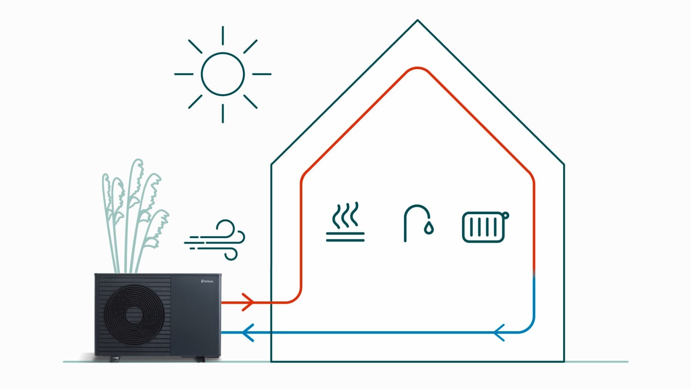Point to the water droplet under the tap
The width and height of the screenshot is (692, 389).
coord(429,228)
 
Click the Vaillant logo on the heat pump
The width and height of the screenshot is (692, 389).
coord(207,281)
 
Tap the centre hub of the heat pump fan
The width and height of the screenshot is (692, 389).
coord(134,314)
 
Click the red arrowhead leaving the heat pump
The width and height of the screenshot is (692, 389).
coord(248,302)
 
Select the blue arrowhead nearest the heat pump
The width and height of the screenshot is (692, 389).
coord(248,332)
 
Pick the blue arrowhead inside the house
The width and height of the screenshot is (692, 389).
coord(499,332)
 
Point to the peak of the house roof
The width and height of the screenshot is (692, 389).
coord(418,20)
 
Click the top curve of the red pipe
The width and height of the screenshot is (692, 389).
coord(418,68)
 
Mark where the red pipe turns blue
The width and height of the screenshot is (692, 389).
coord(534,275)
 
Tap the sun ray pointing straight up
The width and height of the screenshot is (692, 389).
coord(223,35)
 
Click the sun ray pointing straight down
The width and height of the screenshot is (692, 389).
coord(223,113)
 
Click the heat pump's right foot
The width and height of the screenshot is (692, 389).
coord(201,359)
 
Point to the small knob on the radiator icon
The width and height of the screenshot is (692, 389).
coord(506,215)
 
